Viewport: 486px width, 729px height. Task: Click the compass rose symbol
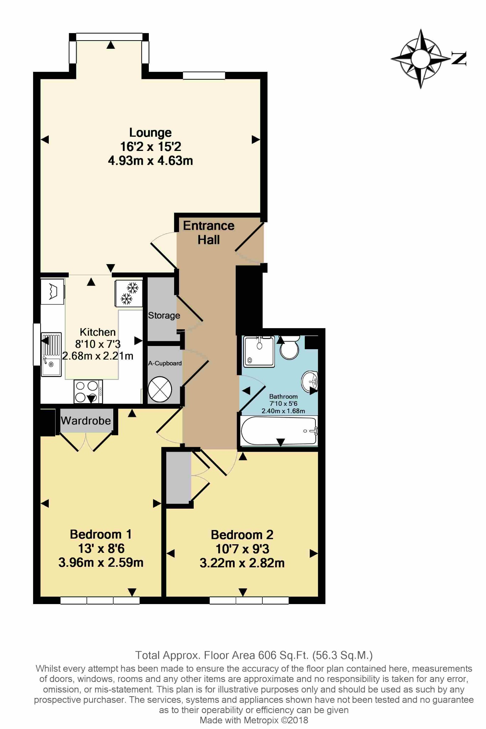click(421, 58)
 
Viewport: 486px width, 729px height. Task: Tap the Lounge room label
click(150, 132)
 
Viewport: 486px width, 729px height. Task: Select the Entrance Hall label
click(209, 232)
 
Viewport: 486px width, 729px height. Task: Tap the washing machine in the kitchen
click(53, 292)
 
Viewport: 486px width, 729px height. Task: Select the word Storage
click(164, 315)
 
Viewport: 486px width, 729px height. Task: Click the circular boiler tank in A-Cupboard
click(160, 389)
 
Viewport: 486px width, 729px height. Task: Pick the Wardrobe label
click(86, 420)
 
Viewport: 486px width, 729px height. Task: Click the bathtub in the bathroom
click(279, 431)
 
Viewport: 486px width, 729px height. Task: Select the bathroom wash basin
click(310, 381)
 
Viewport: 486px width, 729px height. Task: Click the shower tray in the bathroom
click(259, 351)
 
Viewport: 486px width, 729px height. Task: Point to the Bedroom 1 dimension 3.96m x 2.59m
click(101, 562)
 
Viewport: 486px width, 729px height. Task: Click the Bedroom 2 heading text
click(242, 535)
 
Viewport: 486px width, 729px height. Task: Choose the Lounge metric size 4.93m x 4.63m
click(150, 161)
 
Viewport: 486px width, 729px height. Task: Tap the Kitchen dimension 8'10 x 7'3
click(98, 344)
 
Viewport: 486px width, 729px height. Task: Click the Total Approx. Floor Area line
click(254, 655)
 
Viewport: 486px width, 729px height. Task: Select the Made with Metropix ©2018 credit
click(254, 720)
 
